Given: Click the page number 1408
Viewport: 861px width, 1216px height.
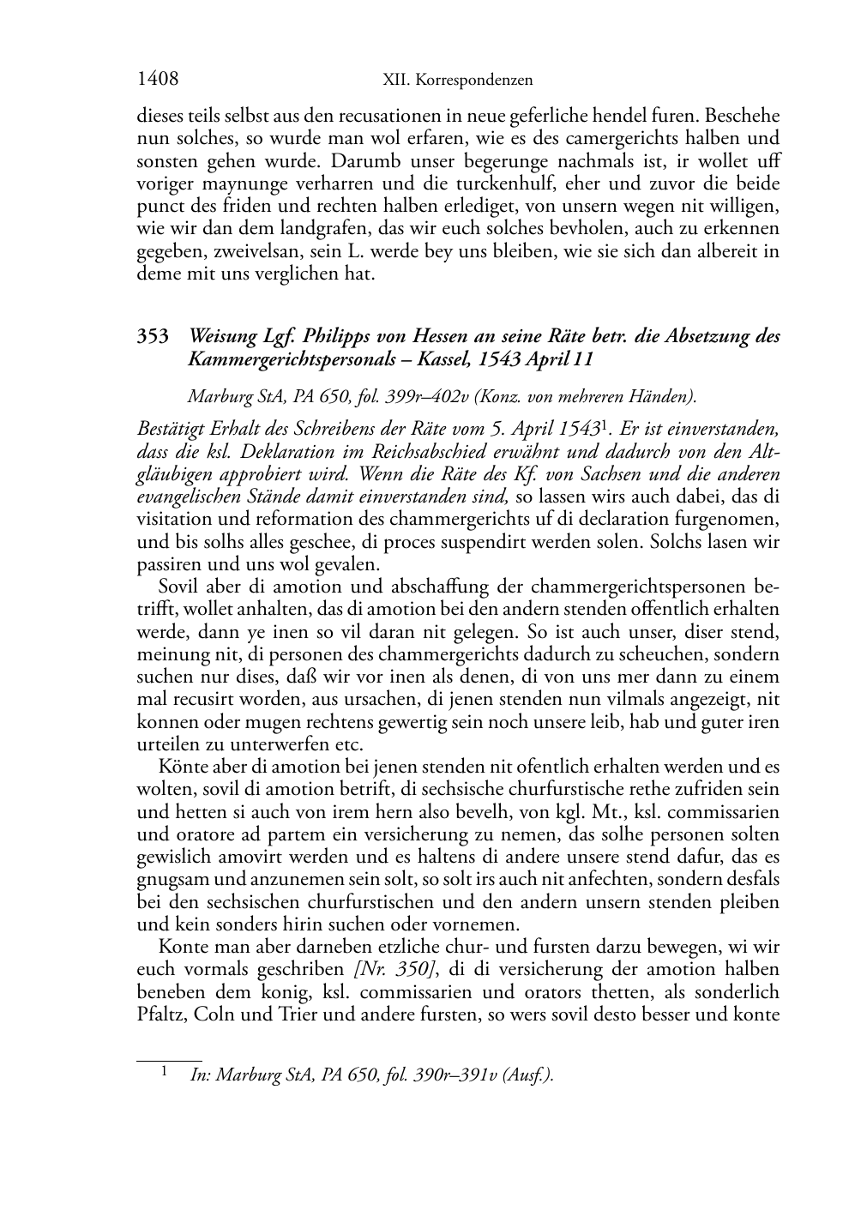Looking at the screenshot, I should tap(158, 80).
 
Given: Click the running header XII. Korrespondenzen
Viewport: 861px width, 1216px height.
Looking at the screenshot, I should tap(457, 81).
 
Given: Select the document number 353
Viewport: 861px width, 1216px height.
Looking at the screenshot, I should tap(154, 336).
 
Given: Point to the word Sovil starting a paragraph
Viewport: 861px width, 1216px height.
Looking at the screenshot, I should tap(178, 587).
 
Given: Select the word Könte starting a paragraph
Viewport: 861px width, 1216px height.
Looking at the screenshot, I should tap(179, 766).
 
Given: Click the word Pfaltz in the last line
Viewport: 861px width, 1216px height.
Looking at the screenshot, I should tap(161, 1014).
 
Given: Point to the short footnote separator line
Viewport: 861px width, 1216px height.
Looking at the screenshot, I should tap(169, 1061).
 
